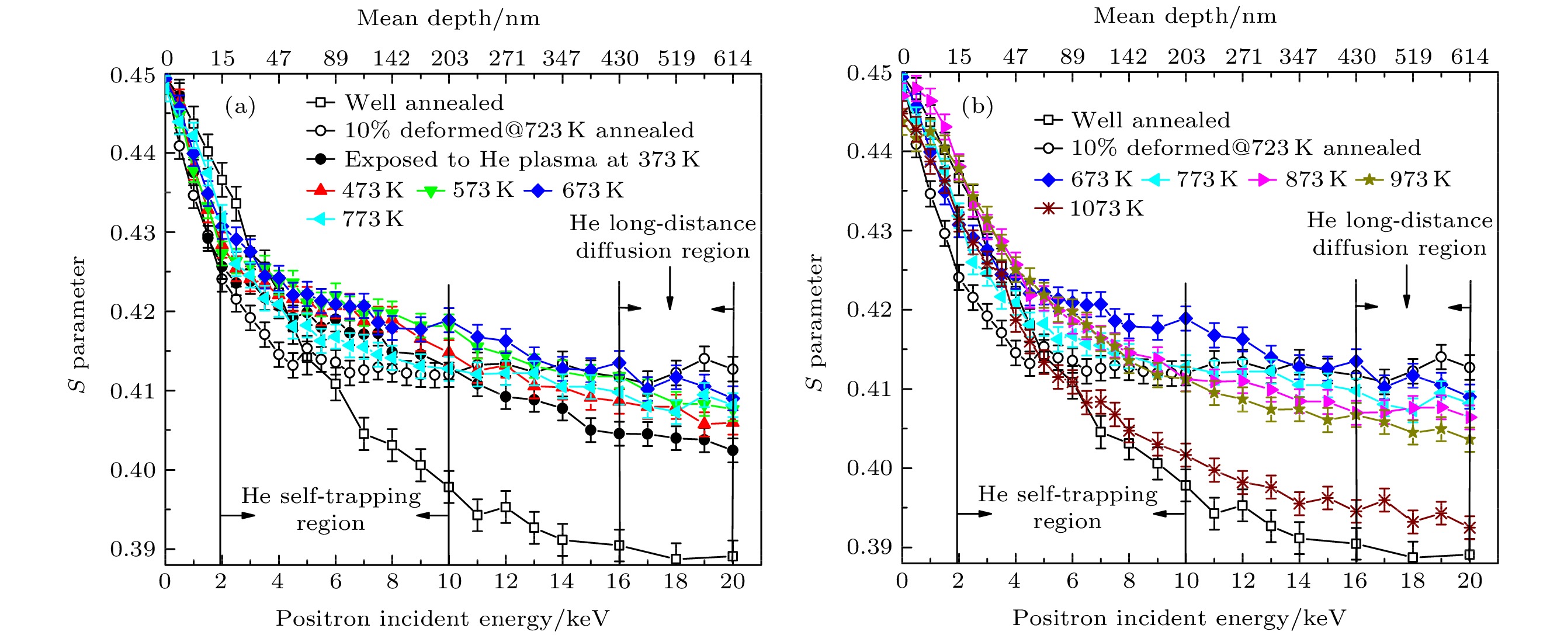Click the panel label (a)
[x=240, y=107]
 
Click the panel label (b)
[x=977, y=107]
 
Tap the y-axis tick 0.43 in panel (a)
[x=133, y=233]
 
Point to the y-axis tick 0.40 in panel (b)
[x=869, y=469]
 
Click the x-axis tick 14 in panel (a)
[x=561, y=582]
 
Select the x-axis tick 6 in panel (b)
[x=1072, y=581]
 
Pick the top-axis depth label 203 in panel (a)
[x=449, y=58]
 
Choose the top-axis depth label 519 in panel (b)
[x=1413, y=57]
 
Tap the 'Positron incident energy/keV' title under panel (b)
[x=1179, y=618]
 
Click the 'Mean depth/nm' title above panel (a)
[x=448, y=18]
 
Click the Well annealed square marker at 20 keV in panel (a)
[x=733, y=556]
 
